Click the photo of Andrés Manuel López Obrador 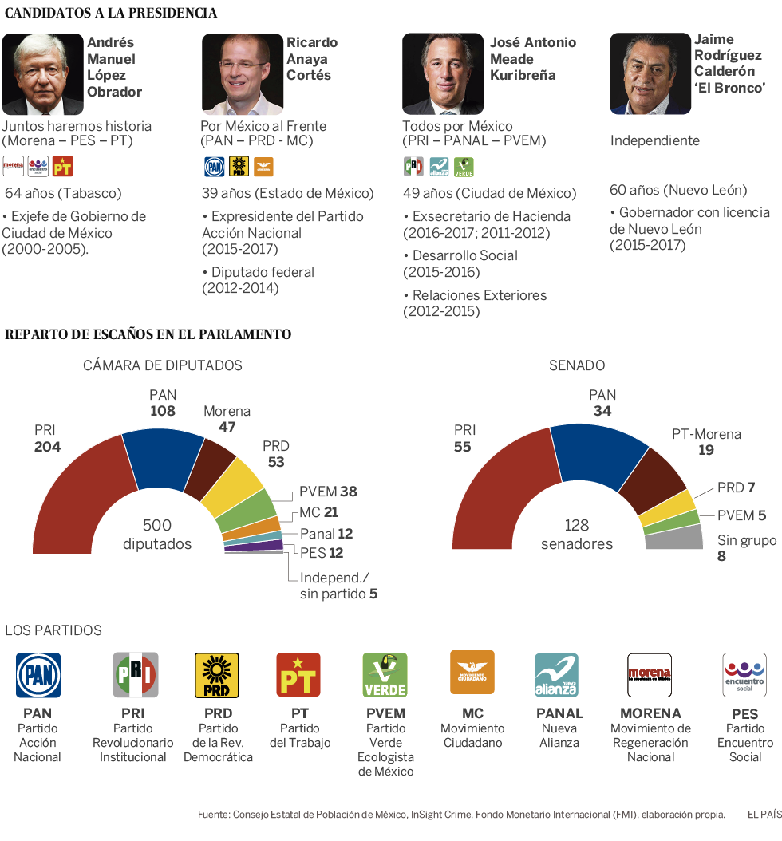click(43, 74)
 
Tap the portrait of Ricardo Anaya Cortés click(243, 74)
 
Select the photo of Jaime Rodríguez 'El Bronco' click(650, 73)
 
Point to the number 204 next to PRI click(47, 447)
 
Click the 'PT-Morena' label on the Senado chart click(706, 435)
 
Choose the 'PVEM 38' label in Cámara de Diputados click(328, 492)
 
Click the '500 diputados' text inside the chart click(156, 535)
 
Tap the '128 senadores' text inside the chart click(576, 535)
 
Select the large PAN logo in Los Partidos click(38, 675)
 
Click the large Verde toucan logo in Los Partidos click(385, 675)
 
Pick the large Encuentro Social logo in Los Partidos click(744, 675)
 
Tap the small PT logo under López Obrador click(62, 166)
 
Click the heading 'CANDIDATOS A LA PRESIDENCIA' click(111, 14)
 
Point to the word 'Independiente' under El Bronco click(654, 140)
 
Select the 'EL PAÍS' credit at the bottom click(764, 815)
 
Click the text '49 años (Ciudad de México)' click(488, 193)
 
